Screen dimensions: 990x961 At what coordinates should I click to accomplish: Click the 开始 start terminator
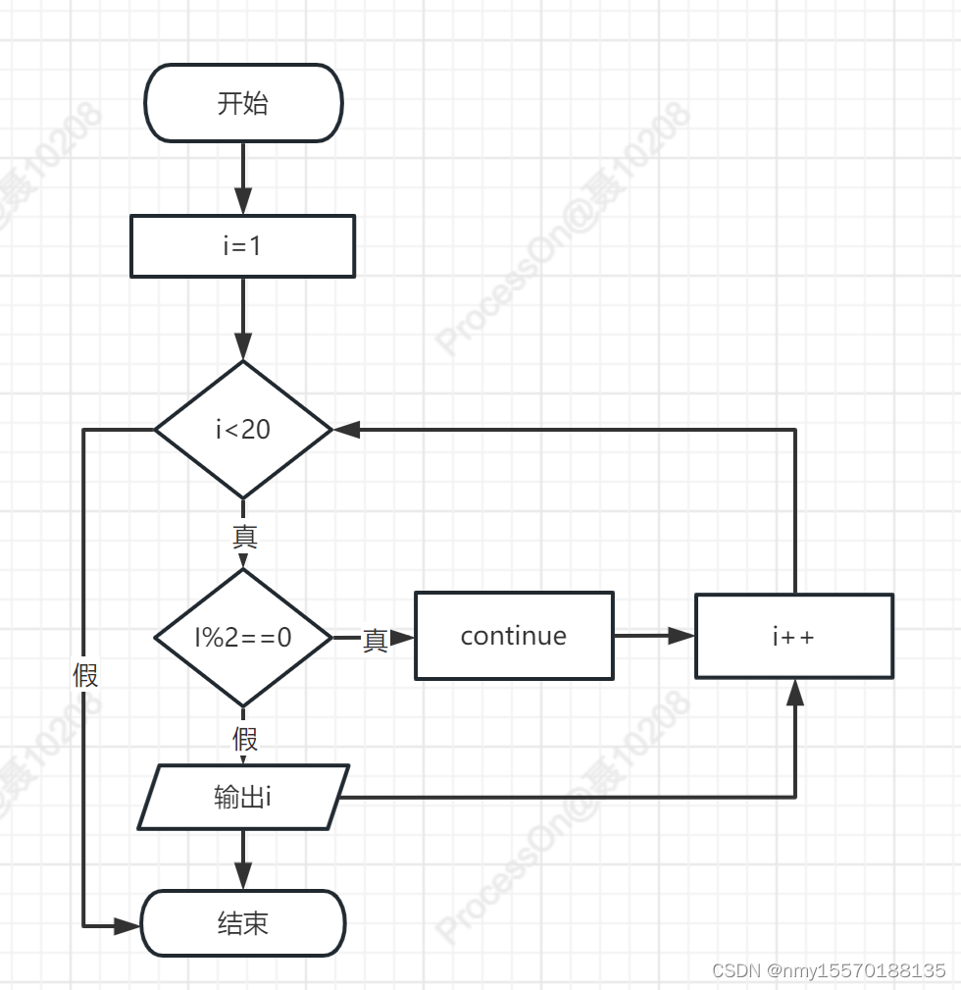pyautogui.click(x=243, y=103)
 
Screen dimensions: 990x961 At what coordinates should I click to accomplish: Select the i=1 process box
pyautogui.click(x=242, y=245)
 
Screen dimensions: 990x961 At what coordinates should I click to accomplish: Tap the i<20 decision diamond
pyautogui.click(x=243, y=430)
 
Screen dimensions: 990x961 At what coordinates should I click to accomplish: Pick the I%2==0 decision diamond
pyautogui.click(x=243, y=638)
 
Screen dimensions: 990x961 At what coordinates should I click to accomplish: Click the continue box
pyautogui.click(x=514, y=636)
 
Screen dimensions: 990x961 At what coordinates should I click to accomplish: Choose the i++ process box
pyautogui.click(x=793, y=636)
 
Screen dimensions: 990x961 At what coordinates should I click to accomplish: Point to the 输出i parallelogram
pyautogui.click(x=243, y=797)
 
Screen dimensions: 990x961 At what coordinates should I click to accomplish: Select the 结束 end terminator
pyautogui.click(x=243, y=923)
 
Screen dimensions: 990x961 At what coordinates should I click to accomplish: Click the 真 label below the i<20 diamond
pyautogui.click(x=244, y=537)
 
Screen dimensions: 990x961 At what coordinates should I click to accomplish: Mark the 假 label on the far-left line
pyautogui.click(x=85, y=675)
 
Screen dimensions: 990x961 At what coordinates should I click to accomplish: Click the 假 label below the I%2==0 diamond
pyautogui.click(x=244, y=737)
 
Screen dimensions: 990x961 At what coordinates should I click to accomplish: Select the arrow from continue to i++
pyautogui.click(x=654, y=636)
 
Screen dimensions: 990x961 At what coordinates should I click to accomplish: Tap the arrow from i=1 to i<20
pyautogui.click(x=243, y=319)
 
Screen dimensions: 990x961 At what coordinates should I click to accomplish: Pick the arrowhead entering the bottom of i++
pyautogui.click(x=794, y=692)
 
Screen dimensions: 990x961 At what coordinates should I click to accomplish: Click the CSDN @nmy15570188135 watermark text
pyautogui.click(x=829, y=970)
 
